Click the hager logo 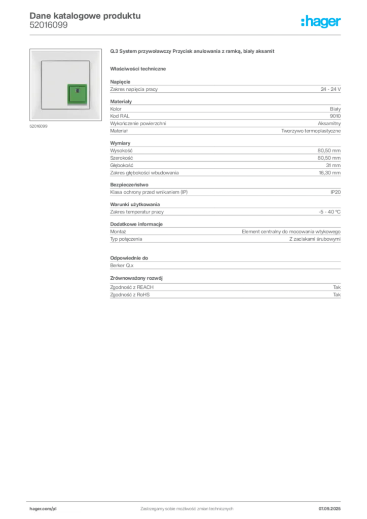pos(321,21)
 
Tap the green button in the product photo pos(78,94)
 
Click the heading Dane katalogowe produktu pos(85,16)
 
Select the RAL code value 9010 pos(335,116)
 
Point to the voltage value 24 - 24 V pos(331,89)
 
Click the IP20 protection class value pos(336,192)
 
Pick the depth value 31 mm pos(333,166)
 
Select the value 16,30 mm pos(329,173)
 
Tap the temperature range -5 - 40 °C pos(329,212)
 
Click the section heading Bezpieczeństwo pos(129,184)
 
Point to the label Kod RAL pos(120,116)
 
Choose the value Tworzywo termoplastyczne pos(311,131)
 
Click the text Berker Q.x pos(122,266)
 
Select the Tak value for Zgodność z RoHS pos(337,294)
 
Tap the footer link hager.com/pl pos(43,509)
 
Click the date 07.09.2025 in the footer pos(329,509)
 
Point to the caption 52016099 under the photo pos(39,126)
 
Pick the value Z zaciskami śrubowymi pos(315,239)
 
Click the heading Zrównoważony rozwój pos(136,278)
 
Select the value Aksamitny pos(329,124)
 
